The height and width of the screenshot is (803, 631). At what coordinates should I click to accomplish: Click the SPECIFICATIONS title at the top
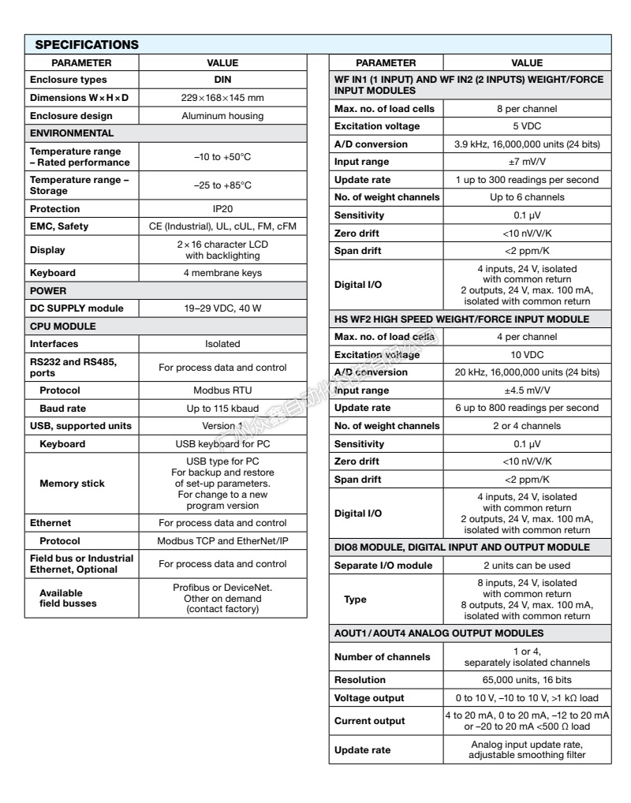87,44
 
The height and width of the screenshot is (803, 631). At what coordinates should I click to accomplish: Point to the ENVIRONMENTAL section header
72,133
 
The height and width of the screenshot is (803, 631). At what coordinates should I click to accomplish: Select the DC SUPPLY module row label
77,308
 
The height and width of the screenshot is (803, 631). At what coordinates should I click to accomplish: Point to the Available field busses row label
68,598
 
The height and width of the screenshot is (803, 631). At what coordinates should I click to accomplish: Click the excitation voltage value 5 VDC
527,126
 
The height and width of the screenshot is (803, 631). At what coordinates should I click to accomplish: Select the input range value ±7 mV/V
527,162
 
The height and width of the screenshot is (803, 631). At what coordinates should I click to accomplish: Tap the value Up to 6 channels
527,197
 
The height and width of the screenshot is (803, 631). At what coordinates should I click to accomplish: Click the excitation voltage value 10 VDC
527,355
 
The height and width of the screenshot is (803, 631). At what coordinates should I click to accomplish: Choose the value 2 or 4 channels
527,426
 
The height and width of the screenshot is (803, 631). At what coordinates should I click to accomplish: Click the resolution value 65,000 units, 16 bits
527,680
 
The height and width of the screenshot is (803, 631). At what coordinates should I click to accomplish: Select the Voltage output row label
369,698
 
